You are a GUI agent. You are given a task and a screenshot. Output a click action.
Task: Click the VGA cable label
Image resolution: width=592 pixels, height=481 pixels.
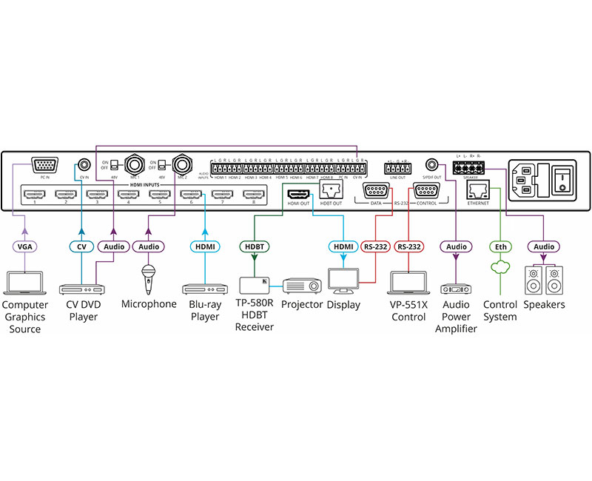click(26, 246)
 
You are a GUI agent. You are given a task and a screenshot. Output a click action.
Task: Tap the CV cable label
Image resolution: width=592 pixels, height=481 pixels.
click(81, 246)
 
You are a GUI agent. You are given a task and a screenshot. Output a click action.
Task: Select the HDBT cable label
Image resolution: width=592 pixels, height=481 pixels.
click(254, 246)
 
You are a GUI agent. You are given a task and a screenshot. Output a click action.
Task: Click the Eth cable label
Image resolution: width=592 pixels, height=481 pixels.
click(501, 246)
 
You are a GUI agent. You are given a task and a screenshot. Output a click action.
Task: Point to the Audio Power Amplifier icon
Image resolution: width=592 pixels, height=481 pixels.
click(456, 289)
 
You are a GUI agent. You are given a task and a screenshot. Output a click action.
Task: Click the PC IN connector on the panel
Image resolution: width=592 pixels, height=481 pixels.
click(44, 166)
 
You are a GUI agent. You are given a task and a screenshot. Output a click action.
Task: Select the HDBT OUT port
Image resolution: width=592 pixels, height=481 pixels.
click(331, 191)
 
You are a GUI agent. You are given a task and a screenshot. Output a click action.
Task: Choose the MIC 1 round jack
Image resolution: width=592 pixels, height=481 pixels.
click(135, 164)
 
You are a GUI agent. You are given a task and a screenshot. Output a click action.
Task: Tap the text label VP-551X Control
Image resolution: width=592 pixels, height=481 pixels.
click(410, 311)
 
